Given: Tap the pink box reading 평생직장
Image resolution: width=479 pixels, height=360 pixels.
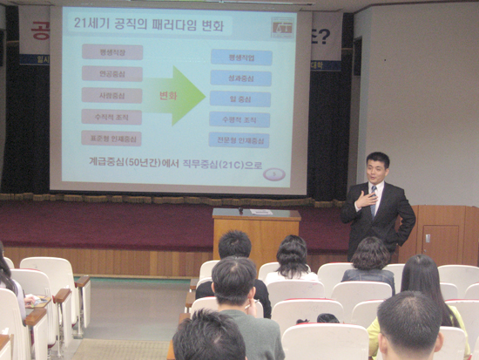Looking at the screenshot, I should point(112,52).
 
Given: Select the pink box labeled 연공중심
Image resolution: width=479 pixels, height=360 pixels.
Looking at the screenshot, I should point(112,74).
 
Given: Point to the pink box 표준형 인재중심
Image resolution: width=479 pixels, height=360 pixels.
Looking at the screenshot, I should point(112,138).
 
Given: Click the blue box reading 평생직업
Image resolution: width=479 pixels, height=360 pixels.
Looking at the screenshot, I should point(240,58).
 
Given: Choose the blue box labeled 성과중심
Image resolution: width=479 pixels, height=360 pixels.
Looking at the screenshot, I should point(240,78).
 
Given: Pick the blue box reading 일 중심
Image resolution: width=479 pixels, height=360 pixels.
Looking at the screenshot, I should point(240,98).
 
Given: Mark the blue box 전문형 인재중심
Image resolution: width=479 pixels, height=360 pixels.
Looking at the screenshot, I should point(239,139).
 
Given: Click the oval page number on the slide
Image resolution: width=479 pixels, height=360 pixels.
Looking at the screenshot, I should point(274,174).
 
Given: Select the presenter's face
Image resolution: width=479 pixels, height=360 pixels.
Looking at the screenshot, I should point(377,169).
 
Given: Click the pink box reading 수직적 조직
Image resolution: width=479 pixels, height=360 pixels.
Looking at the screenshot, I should point(112,117).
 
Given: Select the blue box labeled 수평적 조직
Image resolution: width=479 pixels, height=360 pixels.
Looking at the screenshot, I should point(240,119).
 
